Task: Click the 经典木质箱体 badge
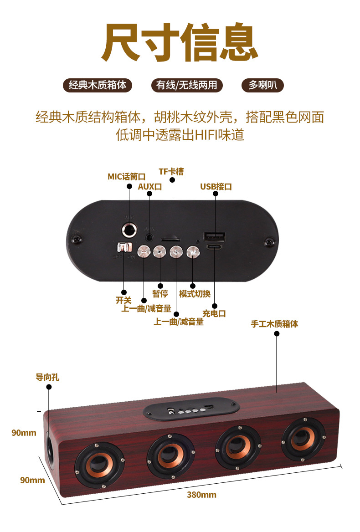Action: point(98,85)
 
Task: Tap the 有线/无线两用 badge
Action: point(187,85)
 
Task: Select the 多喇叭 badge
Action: point(262,85)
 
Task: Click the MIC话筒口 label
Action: point(126,177)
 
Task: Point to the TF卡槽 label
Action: point(171,171)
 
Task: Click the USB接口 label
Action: point(216,186)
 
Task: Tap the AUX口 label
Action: point(150,186)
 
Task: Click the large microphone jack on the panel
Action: point(130,230)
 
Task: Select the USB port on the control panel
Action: point(215,236)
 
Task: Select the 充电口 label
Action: point(214,313)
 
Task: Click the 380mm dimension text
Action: point(201,495)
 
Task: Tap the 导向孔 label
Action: point(48,377)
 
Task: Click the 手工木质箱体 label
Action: point(275,324)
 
